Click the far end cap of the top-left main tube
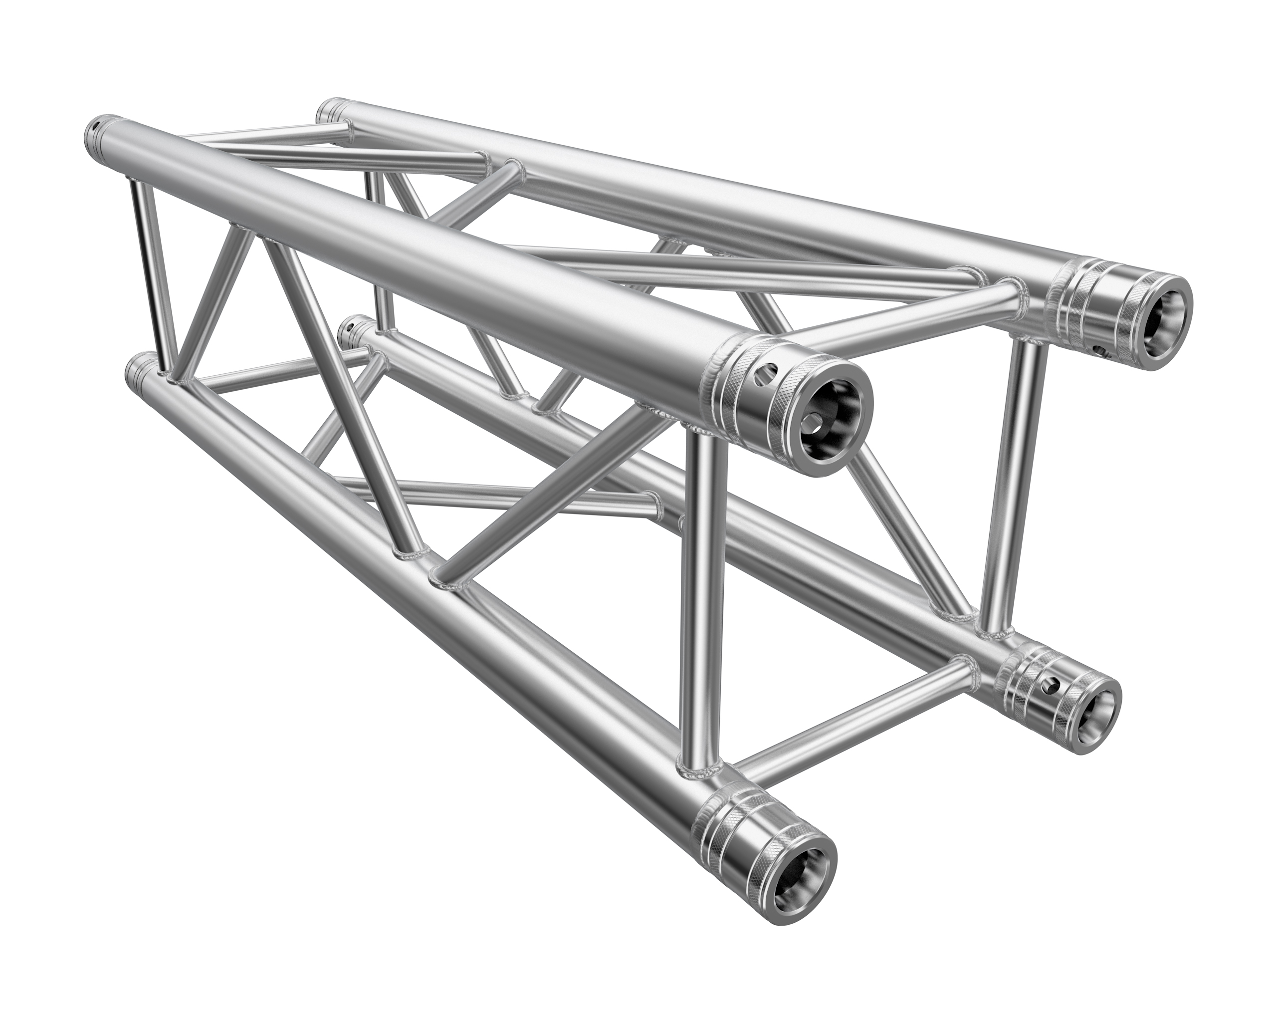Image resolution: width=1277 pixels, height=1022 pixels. coord(95,127)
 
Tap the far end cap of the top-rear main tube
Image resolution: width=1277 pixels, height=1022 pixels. coord(340,110)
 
